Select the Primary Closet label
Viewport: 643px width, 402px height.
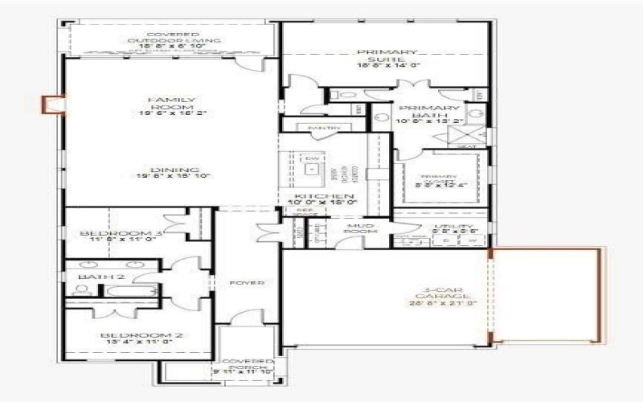[x=440, y=180]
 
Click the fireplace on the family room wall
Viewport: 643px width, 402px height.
[x=53, y=105]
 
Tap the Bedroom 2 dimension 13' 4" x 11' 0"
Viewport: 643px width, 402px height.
[x=137, y=343]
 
